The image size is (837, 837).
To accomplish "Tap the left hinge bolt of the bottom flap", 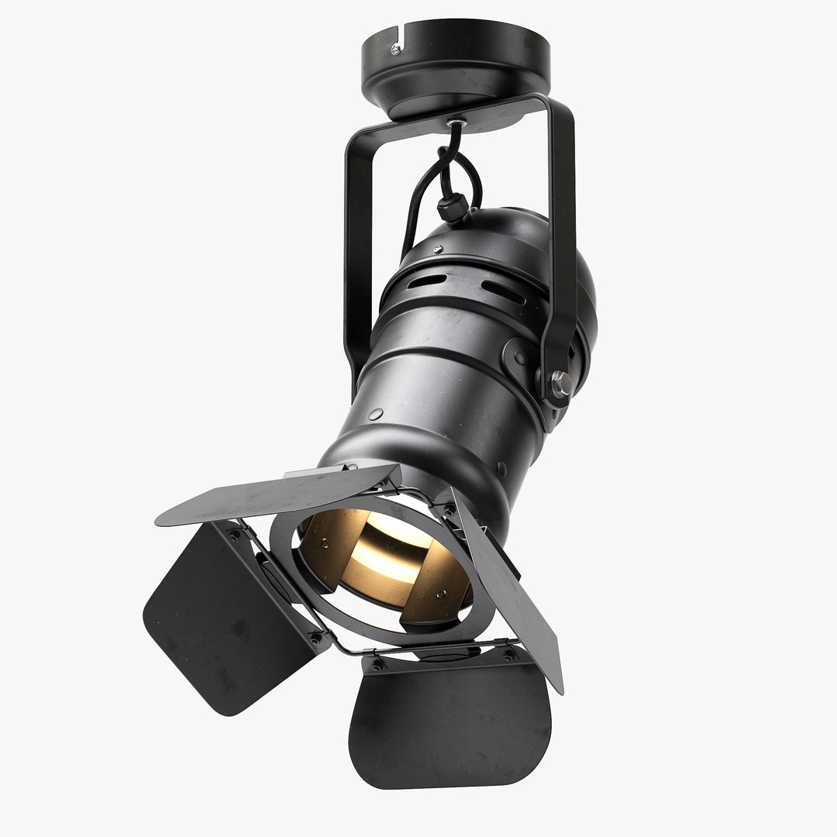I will click(x=377, y=664).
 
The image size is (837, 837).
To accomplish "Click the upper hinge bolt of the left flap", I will click(x=232, y=536).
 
